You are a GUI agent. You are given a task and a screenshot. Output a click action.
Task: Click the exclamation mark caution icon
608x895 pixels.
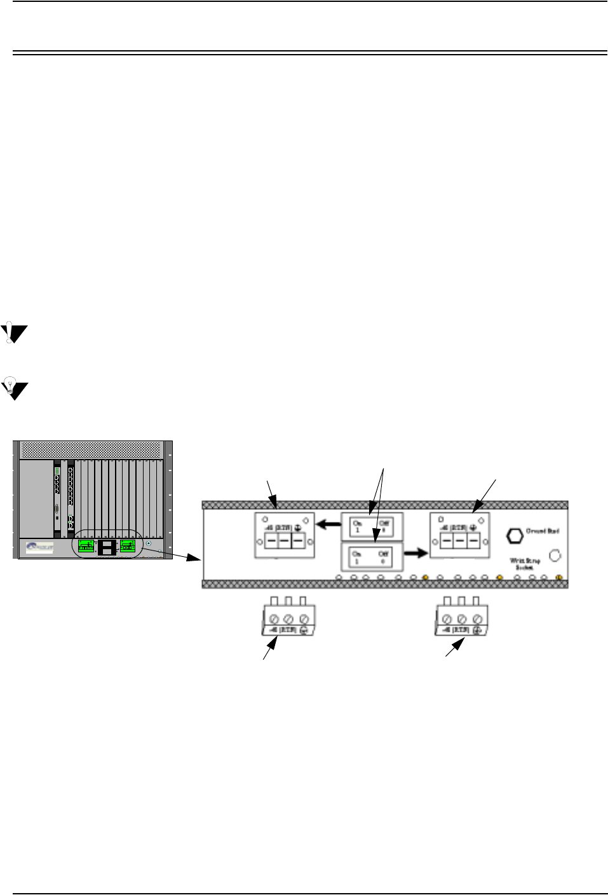coord(13,332)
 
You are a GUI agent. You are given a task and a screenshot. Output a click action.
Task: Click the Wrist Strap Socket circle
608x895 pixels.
coord(555,555)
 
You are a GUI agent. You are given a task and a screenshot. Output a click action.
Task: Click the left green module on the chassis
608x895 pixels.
coord(86,546)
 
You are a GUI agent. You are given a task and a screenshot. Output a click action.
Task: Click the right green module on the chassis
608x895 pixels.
coord(128,545)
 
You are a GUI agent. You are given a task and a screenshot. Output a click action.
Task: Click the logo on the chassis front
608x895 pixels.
coord(38,547)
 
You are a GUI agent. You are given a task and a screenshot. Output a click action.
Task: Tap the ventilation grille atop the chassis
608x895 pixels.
coord(91,450)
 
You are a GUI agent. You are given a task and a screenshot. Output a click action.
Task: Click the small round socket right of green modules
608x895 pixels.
coord(149,544)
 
